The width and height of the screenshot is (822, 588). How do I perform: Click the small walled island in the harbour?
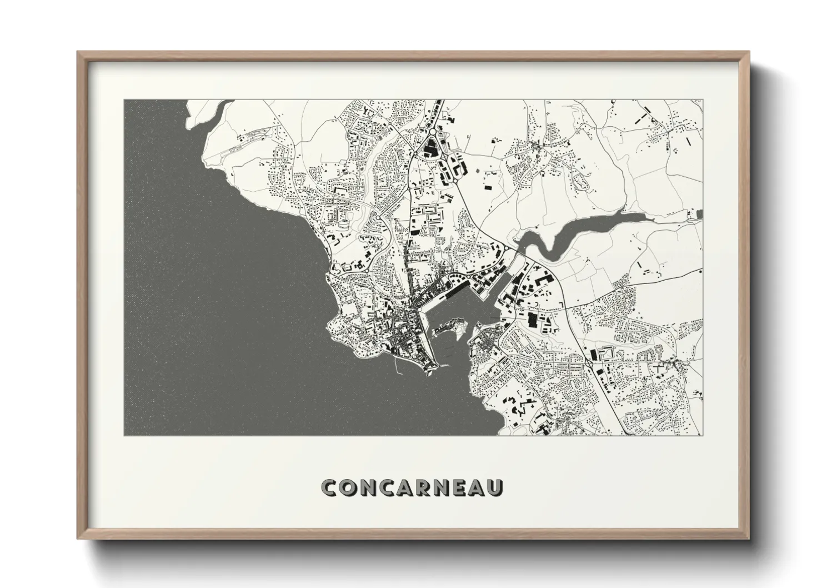tap(451, 328)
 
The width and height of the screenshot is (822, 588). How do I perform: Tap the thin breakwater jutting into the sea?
tap(395, 364)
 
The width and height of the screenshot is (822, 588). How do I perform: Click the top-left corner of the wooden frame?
tap(78, 52)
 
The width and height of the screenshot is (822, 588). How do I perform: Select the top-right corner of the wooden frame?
tap(748, 52)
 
